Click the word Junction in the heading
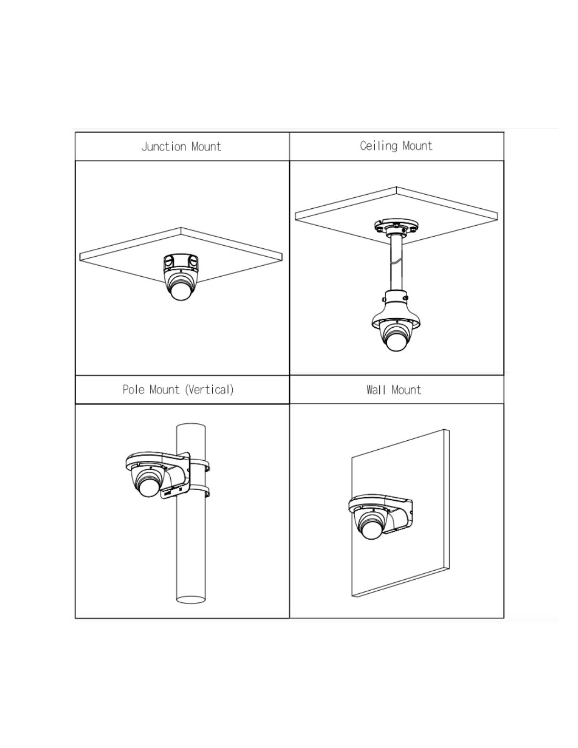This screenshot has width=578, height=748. coord(163,146)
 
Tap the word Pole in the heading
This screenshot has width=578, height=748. coord(133,389)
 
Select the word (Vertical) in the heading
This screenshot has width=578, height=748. coord(209,389)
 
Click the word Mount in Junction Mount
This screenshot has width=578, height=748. coord(206,147)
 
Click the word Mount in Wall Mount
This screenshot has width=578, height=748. coord(406,390)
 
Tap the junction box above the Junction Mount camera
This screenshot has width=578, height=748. coord(181,262)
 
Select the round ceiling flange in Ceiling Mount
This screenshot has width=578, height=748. coord(396,226)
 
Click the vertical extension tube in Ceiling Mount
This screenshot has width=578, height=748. coord(396,264)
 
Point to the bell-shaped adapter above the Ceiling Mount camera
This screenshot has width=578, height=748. coord(396,309)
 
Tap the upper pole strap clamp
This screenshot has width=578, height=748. coord(200,464)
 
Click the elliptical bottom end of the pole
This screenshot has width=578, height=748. coord(191,599)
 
